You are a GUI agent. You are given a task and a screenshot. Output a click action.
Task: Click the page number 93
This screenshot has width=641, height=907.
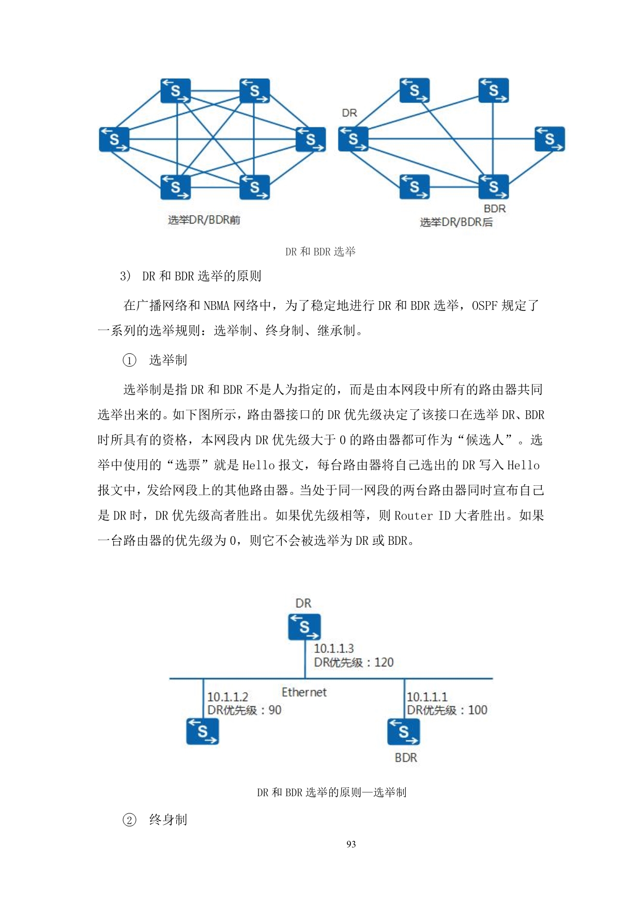pyautogui.click(x=351, y=844)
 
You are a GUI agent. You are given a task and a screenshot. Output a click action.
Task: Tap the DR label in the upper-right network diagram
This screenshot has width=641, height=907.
pyautogui.click(x=349, y=113)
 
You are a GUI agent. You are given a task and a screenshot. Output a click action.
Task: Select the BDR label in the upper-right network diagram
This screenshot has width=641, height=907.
pyautogui.click(x=495, y=209)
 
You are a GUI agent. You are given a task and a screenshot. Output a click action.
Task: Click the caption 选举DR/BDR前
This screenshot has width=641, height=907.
pyautogui.click(x=204, y=220)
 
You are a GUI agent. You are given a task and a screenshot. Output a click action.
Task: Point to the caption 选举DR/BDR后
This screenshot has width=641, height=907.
pyautogui.click(x=456, y=222)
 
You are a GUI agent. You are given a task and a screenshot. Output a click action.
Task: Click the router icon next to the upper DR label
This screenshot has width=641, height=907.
pyautogui.click(x=353, y=139)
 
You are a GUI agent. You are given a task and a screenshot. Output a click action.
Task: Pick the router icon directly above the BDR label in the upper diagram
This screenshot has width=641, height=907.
pyautogui.click(x=494, y=186)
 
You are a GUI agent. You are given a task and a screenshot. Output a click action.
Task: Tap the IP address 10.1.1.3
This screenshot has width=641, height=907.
pyautogui.click(x=333, y=648)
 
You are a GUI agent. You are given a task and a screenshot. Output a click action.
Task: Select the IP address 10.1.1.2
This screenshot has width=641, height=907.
pyautogui.click(x=227, y=697)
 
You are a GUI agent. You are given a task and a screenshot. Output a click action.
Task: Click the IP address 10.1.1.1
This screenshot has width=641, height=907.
pyautogui.click(x=427, y=697)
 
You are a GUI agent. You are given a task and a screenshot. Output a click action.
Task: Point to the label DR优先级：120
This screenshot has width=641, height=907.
pyautogui.click(x=354, y=662)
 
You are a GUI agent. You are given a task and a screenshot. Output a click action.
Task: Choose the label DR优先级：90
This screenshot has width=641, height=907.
pyautogui.click(x=244, y=710)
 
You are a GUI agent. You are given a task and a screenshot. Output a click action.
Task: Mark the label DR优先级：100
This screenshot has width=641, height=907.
pyautogui.click(x=447, y=710)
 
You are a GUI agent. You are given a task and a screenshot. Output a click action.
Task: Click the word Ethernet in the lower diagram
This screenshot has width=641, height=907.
pyautogui.click(x=304, y=692)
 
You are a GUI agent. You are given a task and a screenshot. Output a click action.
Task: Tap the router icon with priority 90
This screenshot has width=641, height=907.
pyautogui.click(x=202, y=731)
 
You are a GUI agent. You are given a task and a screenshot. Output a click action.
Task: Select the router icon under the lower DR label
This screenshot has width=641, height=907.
pyautogui.click(x=304, y=627)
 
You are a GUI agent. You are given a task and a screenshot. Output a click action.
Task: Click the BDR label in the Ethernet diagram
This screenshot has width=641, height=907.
pyautogui.click(x=406, y=757)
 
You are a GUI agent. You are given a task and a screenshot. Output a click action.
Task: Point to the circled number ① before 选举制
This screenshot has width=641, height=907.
pyautogui.click(x=129, y=360)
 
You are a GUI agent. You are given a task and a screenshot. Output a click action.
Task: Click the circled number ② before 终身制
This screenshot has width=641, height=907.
pyautogui.click(x=129, y=820)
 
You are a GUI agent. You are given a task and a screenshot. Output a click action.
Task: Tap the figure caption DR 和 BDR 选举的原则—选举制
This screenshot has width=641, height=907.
pyautogui.click(x=331, y=792)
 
